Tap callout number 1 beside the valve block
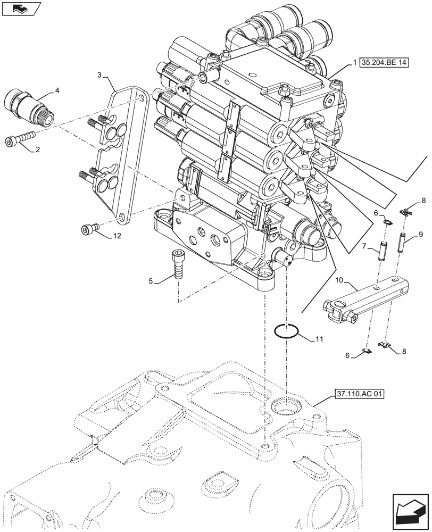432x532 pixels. pyautogui.click(x=354, y=63)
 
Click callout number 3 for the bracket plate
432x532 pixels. pyautogui.click(x=99, y=75)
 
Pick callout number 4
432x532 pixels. pyautogui.click(x=57, y=91)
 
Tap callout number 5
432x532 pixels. pyautogui.click(x=152, y=281)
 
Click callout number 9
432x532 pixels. pyautogui.click(x=420, y=234)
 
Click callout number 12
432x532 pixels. pyautogui.click(x=117, y=236)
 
